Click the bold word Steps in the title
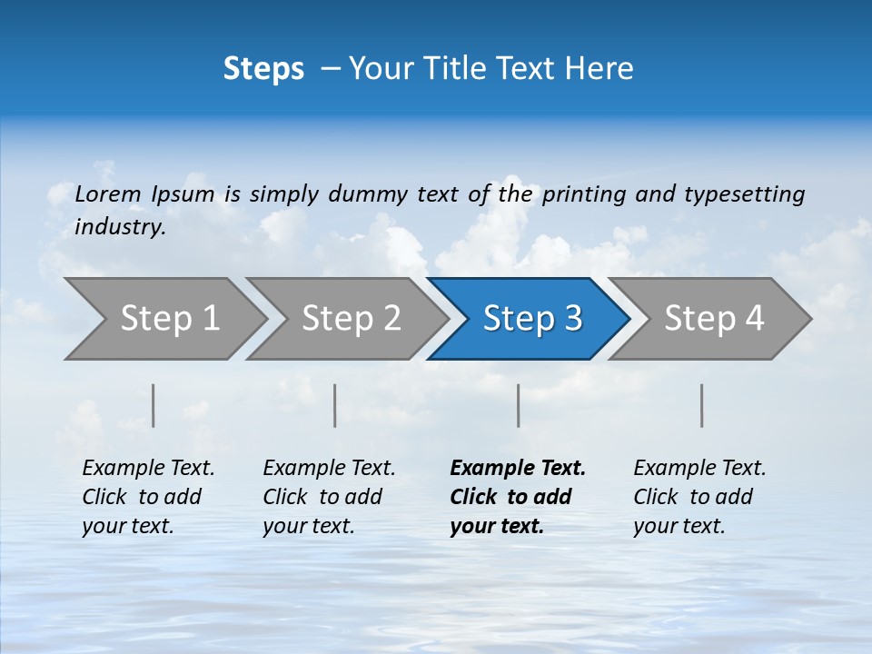click(263, 69)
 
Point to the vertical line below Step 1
click(154, 405)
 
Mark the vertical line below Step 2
click(335, 405)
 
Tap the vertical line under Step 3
click(519, 405)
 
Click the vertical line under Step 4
click(702, 405)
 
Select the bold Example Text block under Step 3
click(517, 497)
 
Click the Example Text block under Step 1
click(148, 497)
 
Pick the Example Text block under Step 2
click(329, 497)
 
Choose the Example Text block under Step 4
click(699, 497)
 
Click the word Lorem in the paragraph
click(108, 194)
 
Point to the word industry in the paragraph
click(120, 227)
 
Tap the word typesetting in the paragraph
click(744, 194)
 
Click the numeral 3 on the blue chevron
click(571, 319)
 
